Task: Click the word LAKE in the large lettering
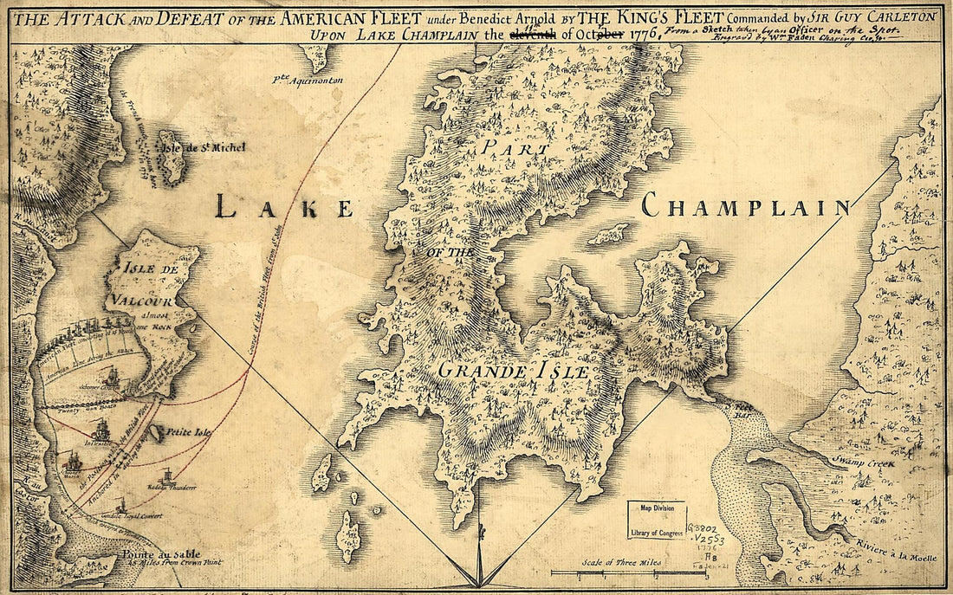pos(284,207)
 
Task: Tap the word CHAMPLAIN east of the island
pos(746,206)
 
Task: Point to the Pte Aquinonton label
pos(305,81)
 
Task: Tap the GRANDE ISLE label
pos(513,372)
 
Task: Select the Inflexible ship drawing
pos(101,430)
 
